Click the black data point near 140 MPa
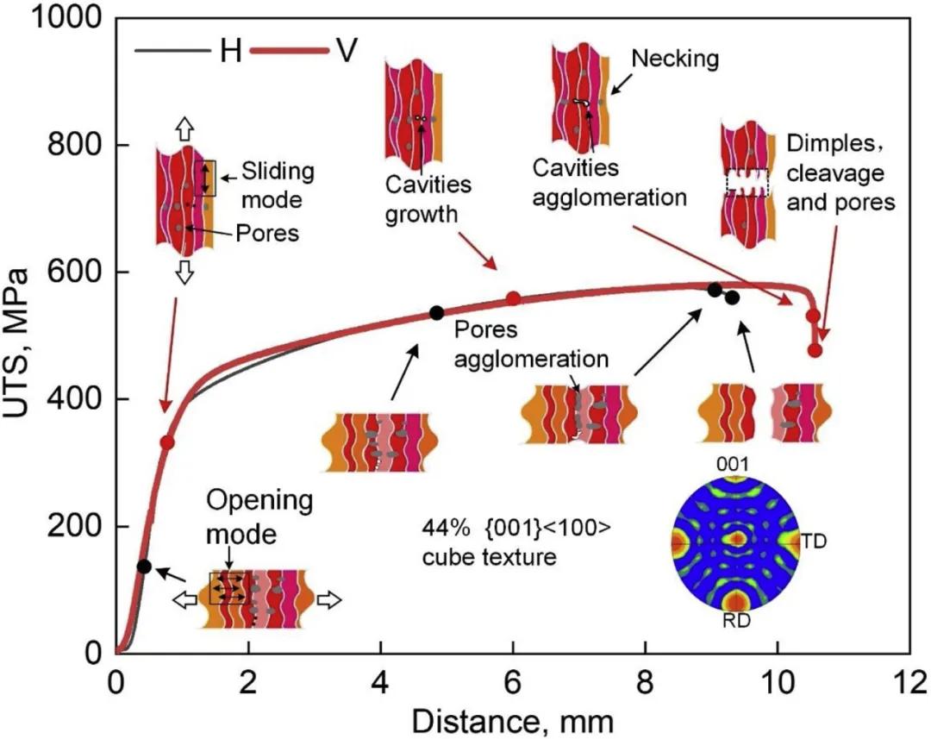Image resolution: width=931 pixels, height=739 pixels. coord(144,567)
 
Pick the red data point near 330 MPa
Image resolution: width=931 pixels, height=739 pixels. coord(167,442)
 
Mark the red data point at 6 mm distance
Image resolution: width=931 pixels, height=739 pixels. coord(513,298)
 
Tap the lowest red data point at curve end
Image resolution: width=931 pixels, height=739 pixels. coord(815,350)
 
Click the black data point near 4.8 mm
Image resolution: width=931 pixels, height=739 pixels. coord(436,312)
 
